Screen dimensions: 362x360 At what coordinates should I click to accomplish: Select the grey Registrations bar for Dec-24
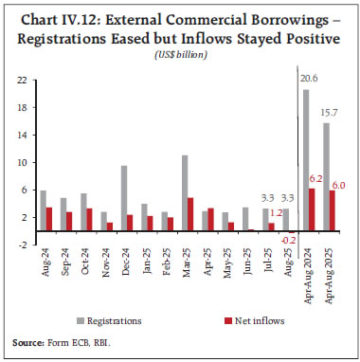[x=123, y=198]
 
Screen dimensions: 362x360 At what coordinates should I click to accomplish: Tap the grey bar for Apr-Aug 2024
[x=306, y=160]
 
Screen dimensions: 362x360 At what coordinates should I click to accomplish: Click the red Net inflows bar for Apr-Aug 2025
[x=333, y=210]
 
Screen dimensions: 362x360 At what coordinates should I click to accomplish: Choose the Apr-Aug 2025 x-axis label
[x=329, y=275]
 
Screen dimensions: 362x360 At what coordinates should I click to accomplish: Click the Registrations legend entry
[x=126, y=320]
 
